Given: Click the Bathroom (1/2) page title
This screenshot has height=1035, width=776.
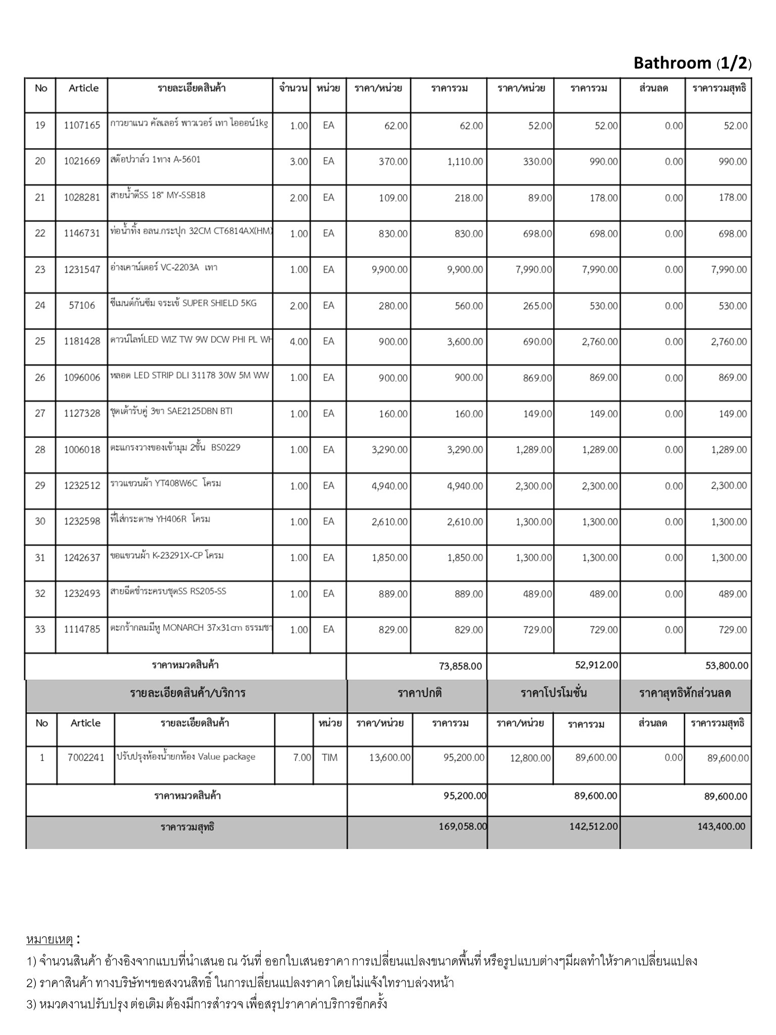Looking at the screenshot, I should pyautogui.click(x=692, y=63).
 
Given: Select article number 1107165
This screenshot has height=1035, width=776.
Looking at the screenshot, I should pyautogui.click(x=82, y=125).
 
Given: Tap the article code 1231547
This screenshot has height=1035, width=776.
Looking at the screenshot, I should pyautogui.click(x=82, y=269).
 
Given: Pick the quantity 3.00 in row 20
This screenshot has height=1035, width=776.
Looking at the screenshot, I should pyautogui.click(x=299, y=162).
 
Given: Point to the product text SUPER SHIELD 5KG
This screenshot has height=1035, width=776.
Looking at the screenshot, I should pyautogui.click(x=219, y=303).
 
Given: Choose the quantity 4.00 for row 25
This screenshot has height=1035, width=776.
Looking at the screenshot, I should pyautogui.click(x=299, y=342).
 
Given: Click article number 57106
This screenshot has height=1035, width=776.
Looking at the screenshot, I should pyautogui.click(x=82, y=305).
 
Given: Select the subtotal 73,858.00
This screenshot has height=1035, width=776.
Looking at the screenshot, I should pyautogui.click(x=460, y=666).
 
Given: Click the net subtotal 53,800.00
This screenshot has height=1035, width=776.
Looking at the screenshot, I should pyautogui.click(x=726, y=666).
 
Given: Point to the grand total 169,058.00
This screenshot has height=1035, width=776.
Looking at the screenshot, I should pyautogui.click(x=463, y=827).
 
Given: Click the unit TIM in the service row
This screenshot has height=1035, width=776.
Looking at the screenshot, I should pyautogui.click(x=329, y=758).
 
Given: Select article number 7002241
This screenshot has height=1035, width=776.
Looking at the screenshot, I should pyautogui.click(x=86, y=758).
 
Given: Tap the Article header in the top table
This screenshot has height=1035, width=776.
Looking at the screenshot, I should pyautogui.click(x=83, y=88).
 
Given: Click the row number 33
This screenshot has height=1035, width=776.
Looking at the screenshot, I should pyautogui.click(x=40, y=629).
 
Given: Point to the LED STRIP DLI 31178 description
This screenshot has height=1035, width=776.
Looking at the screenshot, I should pyautogui.click(x=190, y=377).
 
